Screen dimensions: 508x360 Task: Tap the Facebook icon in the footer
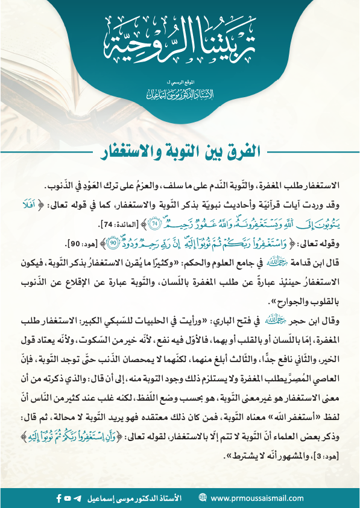(58, 498)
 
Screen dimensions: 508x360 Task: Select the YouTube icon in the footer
(68, 498)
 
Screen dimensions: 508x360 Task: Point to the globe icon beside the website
(202, 498)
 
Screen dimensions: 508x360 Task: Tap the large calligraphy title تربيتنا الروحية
(180, 43)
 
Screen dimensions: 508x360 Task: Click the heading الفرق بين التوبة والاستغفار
(180, 150)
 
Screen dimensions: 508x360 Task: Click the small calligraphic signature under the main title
(180, 95)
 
